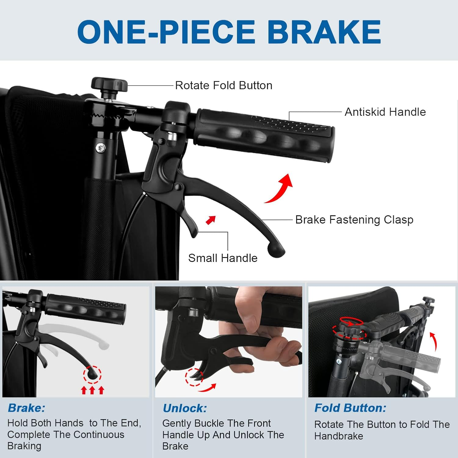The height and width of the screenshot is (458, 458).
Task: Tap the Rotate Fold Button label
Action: pos(224,85)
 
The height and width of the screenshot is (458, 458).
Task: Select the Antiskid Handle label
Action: pos(385,112)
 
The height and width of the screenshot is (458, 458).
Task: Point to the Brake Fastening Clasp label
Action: pos(354,220)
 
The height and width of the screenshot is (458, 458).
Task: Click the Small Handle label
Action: pos(223,258)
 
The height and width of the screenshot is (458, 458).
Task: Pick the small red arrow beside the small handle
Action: pos(211,220)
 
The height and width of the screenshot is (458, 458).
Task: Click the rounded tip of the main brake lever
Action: pos(276,250)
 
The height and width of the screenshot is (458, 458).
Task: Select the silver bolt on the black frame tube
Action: pos(100,148)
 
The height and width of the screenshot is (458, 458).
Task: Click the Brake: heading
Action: pos(27,408)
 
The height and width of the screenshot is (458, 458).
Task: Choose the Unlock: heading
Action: pos(185,408)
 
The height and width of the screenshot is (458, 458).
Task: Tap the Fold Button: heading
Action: pos(351,408)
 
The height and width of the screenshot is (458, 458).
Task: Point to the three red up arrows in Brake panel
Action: pos(93,390)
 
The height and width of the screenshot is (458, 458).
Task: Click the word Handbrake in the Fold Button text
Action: pos(339,436)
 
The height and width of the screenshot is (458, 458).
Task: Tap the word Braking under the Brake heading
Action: pos(24,446)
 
